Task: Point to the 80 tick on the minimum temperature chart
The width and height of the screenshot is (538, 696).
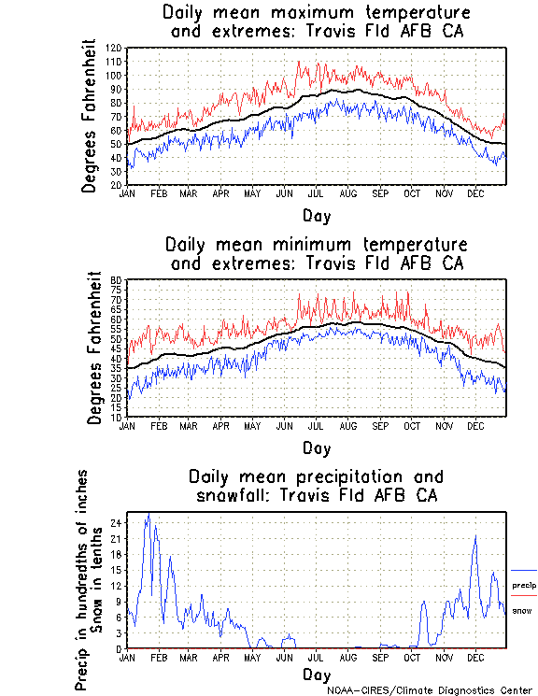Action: click(117, 279)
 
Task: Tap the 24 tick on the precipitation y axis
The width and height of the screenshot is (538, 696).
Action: click(115, 522)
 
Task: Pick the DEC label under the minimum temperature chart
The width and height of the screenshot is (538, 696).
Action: click(475, 425)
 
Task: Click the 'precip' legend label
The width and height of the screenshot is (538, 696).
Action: click(524, 585)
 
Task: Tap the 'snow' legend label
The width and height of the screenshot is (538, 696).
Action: click(522, 610)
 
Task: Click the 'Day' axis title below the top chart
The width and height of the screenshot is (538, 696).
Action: click(316, 215)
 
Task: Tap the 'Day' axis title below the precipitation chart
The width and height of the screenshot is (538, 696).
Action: click(316, 675)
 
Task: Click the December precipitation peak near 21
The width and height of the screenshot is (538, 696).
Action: click(475, 536)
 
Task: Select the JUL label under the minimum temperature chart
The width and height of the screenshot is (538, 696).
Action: click(316, 425)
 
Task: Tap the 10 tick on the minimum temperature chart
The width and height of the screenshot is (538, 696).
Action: click(117, 417)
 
